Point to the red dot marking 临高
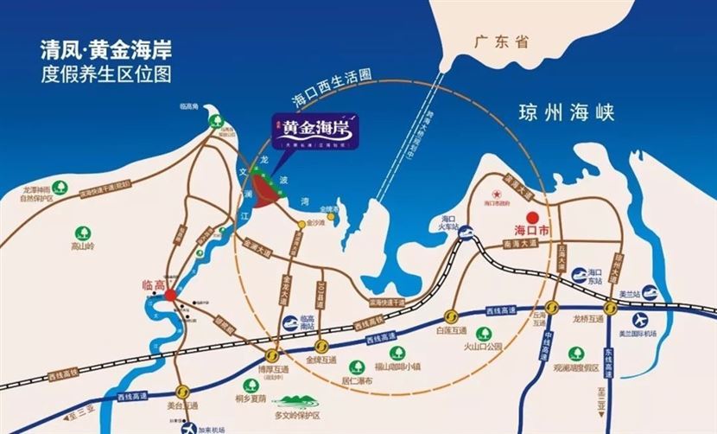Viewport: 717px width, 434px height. point(171,294)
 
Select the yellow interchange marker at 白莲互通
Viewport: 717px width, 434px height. point(451,315)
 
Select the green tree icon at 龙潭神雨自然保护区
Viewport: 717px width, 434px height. point(59,187)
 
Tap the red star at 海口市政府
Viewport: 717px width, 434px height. point(497,193)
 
